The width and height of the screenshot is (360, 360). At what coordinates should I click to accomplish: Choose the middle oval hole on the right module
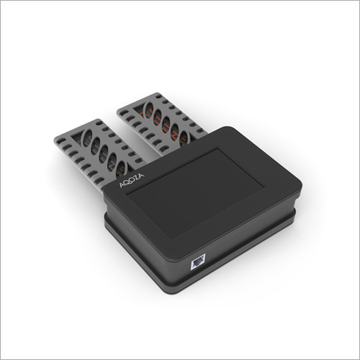pos(165,123)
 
